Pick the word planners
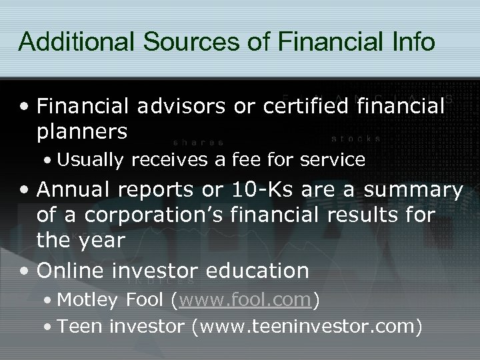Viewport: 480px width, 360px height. (83, 131)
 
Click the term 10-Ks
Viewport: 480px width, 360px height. (257, 191)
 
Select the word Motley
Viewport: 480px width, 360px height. (85, 300)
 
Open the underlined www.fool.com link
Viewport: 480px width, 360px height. (245, 301)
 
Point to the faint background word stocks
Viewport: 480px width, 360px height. (357, 139)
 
